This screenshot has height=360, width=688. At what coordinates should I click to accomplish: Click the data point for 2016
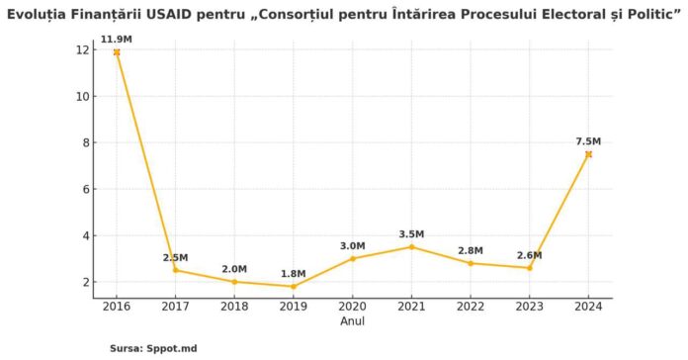pyautogui.click(x=117, y=51)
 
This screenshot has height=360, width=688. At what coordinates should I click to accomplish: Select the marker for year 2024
pyautogui.click(x=588, y=154)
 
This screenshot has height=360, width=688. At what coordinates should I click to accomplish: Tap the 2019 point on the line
pyautogui.click(x=294, y=287)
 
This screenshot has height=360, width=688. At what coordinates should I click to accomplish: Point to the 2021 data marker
pyautogui.click(x=411, y=246)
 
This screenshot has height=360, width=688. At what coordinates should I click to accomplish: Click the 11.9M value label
pyautogui.click(x=116, y=39)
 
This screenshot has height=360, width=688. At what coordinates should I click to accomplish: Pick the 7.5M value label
pyautogui.click(x=589, y=141)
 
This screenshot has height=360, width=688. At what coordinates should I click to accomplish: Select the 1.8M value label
pyautogui.click(x=294, y=273)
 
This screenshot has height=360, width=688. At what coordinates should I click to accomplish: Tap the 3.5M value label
pyautogui.click(x=411, y=233)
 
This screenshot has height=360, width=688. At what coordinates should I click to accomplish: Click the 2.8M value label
pyautogui.click(x=471, y=250)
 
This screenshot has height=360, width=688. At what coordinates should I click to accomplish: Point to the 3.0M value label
pyautogui.click(x=353, y=245)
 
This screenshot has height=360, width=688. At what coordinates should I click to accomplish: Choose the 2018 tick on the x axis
pyautogui.click(x=234, y=308)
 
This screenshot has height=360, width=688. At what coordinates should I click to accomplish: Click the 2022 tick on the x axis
pyautogui.click(x=471, y=308)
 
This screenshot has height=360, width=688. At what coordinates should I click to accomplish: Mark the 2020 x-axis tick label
pyautogui.click(x=353, y=308)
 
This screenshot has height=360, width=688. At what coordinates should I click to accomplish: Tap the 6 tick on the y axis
pyautogui.click(x=88, y=189)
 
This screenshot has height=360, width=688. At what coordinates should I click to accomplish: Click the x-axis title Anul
pyautogui.click(x=353, y=321)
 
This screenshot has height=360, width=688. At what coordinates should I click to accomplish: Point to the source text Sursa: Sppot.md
pyautogui.click(x=153, y=348)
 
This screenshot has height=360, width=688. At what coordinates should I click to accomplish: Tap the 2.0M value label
pyautogui.click(x=234, y=268)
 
